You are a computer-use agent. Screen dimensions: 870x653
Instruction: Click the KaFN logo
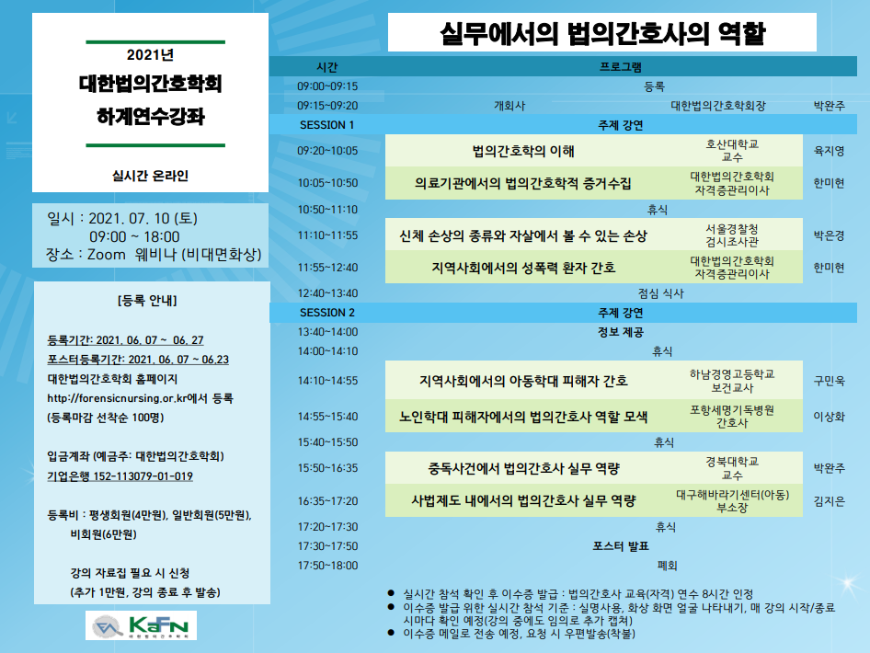[x=141, y=625]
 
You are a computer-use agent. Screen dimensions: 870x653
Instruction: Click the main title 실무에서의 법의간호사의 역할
[x=602, y=33]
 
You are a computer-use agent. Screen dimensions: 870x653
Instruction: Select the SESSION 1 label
[x=326, y=125]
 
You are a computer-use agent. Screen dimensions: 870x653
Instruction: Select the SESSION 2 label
[x=326, y=313]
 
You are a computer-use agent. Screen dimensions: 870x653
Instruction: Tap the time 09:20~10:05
[x=327, y=150]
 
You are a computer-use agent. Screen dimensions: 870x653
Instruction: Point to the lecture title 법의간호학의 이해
[x=523, y=150]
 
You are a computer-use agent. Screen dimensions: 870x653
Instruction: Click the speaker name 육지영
[x=829, y=151]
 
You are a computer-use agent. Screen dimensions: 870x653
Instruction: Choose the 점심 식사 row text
[x=661, y=293]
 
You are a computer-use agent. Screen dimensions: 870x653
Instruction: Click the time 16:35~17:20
[x=328, y=501]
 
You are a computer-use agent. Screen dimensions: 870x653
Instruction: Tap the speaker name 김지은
[x=829, y=501]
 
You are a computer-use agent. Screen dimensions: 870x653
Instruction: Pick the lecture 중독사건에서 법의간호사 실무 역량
[x=523, y=468]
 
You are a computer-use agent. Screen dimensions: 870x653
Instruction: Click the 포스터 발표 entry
[x=621, y=546]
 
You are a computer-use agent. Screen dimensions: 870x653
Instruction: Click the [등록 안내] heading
[x=147, y=300]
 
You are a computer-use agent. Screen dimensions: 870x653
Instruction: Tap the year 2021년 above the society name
[x=150, y=54]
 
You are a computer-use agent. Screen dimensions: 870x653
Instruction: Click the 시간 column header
[x=326, y=67]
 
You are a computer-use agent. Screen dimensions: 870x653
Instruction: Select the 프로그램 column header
[x=621, y=67]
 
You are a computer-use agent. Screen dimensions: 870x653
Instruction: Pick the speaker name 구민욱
[x=829, y=381]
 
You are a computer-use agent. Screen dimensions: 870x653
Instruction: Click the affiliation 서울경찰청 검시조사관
[x=732, y=235]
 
